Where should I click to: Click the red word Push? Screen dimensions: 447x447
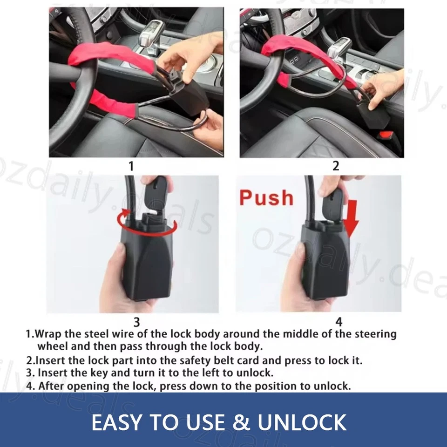(266, 197)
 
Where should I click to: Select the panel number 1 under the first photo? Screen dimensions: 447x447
(131, 166)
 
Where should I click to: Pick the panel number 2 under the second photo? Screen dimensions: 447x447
(336, 166)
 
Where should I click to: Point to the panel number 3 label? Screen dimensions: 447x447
(136, 322)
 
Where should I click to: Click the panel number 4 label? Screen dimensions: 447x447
(339, 322)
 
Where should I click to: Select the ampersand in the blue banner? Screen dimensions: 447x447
(240, 422)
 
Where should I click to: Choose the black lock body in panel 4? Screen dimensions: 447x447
(324, 265)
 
